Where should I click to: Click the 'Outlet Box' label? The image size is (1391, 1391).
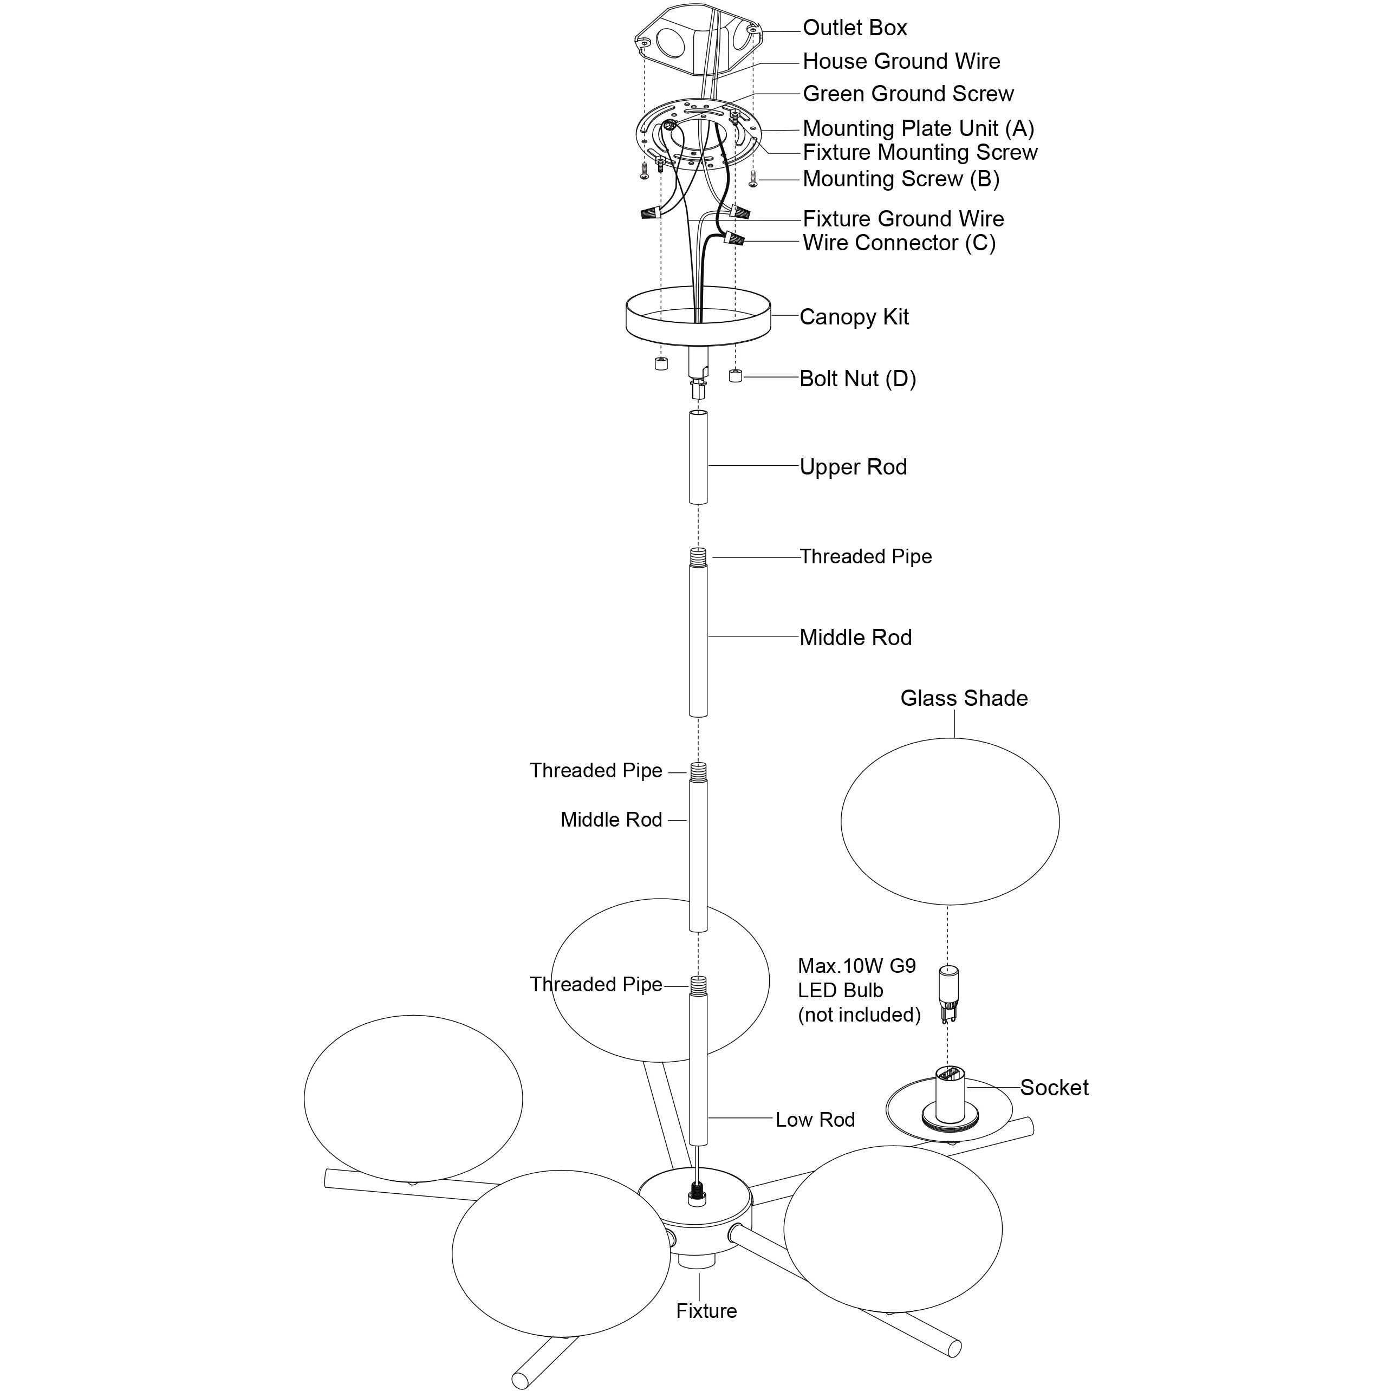pos(855,28)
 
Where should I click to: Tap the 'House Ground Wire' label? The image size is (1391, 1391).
pos(901,61)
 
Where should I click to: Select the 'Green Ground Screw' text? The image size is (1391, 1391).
pos(908,94)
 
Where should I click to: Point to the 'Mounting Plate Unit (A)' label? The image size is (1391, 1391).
pos(918,128)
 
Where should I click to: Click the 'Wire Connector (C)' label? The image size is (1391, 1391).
pos(899,243)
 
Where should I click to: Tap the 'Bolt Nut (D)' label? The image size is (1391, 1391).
pos(857,379)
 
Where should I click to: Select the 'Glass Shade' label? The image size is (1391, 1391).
pos(964,698)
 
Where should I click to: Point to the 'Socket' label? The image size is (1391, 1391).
pos(1054,1087)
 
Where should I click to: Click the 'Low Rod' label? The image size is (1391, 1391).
pos(815,1120)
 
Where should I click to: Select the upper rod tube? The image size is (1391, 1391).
pos(698,457)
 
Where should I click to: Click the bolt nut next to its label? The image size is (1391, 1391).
pos(735,376)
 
